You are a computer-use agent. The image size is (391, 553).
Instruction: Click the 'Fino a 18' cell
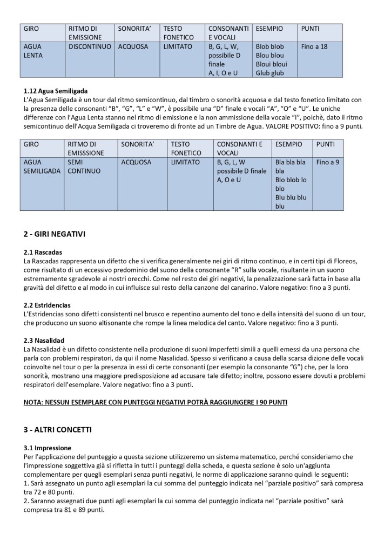314,47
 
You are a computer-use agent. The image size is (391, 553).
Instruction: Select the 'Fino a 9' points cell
327,162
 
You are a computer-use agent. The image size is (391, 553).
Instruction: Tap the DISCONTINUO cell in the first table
90,47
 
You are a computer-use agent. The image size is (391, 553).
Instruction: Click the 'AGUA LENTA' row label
33,51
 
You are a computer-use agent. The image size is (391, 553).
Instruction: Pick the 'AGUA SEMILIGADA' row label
42,166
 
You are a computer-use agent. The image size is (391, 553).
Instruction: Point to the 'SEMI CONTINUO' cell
84,166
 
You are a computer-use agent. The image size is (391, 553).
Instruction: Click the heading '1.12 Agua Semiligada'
56,91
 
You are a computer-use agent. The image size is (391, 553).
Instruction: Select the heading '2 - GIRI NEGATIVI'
55,234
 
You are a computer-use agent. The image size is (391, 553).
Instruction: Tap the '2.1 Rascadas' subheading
43,252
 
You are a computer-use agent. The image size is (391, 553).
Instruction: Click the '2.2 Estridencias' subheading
47,305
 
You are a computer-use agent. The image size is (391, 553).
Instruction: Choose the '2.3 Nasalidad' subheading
44,341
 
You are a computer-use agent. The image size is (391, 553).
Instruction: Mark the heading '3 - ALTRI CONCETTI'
58,430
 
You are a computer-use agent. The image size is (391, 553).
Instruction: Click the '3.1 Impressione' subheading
48,448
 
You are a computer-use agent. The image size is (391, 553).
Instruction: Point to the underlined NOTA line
157,403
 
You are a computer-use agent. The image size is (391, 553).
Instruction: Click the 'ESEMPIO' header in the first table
269,28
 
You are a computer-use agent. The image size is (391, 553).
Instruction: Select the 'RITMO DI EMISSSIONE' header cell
87,149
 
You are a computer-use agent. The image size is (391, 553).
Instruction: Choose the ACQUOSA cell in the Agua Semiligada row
136,162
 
